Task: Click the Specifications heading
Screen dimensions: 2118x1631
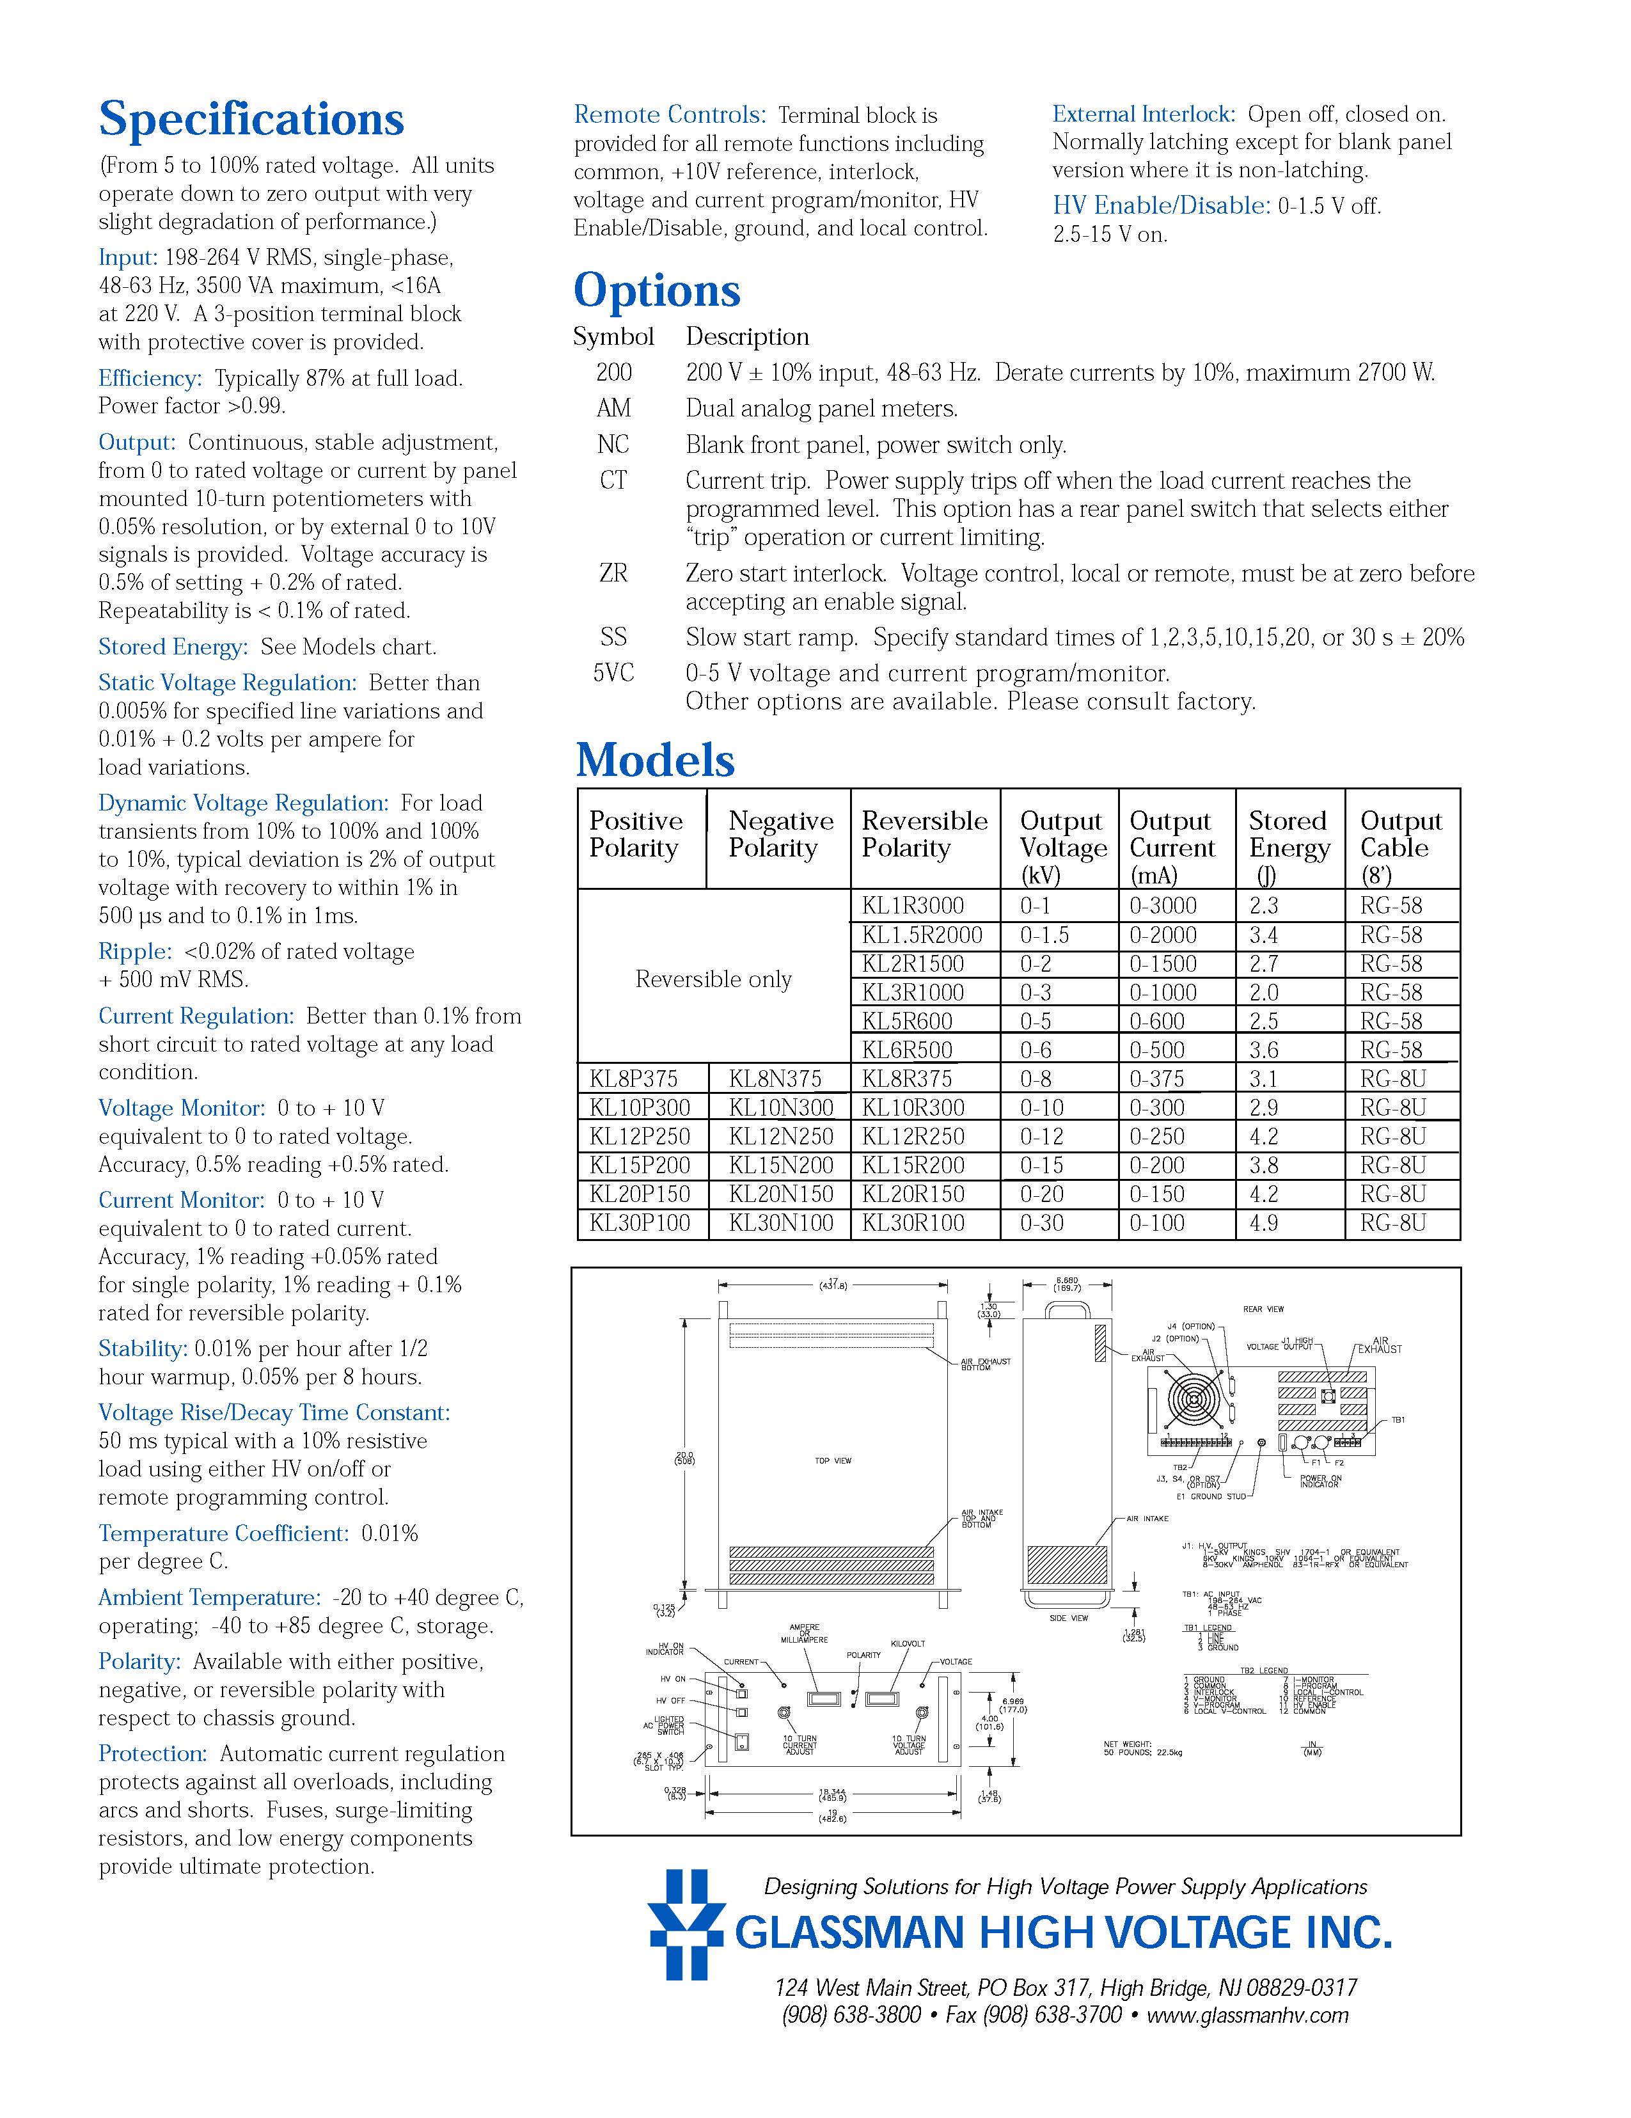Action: pos(251,119)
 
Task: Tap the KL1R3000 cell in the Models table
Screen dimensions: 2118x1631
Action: pos(913,906)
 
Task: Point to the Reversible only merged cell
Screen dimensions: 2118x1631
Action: pos(714,979)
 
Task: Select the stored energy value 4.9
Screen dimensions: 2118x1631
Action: pos(1263,1223)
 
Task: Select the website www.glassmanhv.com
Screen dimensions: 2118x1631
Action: pos(1247,2015)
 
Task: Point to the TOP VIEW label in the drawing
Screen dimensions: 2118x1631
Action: pos(833,1460)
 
